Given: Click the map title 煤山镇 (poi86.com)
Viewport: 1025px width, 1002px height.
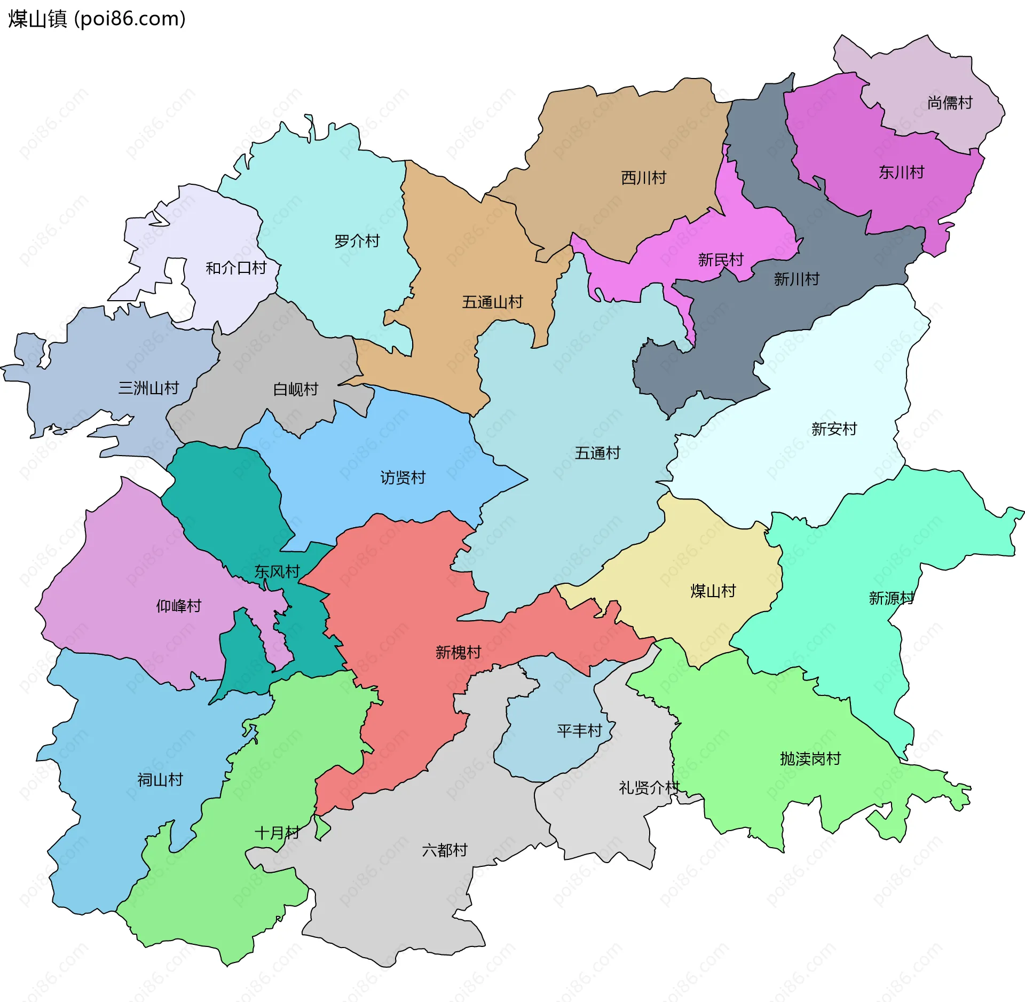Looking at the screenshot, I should click(x=97, y=19).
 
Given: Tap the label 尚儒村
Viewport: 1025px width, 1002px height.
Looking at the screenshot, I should click(x=950, y=103).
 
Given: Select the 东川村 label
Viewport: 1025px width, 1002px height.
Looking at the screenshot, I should click(x=901, y=173).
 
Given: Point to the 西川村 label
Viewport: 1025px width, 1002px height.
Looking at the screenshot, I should click(x=643, y=178).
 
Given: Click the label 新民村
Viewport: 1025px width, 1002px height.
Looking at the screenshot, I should click(x=721, y=260).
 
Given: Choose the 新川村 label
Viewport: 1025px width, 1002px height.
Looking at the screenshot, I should click(x=797, y=279).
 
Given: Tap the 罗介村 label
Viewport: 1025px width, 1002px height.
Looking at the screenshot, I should click(x=357, y=241).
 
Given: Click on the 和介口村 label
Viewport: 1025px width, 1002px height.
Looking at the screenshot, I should click(x=236, y=268).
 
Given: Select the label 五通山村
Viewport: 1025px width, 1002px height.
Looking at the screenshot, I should click(x=492, y=302).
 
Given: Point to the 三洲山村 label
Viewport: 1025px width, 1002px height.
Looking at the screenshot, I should click(x=148, y=388).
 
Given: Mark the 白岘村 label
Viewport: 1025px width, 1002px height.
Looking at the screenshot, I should click(x=295, y=389).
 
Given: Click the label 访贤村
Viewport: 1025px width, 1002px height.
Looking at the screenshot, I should click(x=403, y=477).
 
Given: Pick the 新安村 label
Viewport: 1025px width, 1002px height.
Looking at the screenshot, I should click(x=834, y=429).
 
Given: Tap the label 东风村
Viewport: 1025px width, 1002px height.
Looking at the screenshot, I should click(x=277, y=572).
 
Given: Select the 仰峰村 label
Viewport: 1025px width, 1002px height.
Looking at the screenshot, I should click(x=178, y=606).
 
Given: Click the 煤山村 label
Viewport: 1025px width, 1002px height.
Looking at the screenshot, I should click(x=713, y=591).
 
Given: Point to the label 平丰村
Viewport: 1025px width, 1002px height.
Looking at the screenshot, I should click(x=579, y=731).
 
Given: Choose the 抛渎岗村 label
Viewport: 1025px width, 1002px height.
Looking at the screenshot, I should click(x=810, y=759).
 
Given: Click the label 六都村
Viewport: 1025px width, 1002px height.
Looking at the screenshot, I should click(x=444, y=850).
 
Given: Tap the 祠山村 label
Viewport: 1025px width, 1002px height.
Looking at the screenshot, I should click(x=160, y=780).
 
